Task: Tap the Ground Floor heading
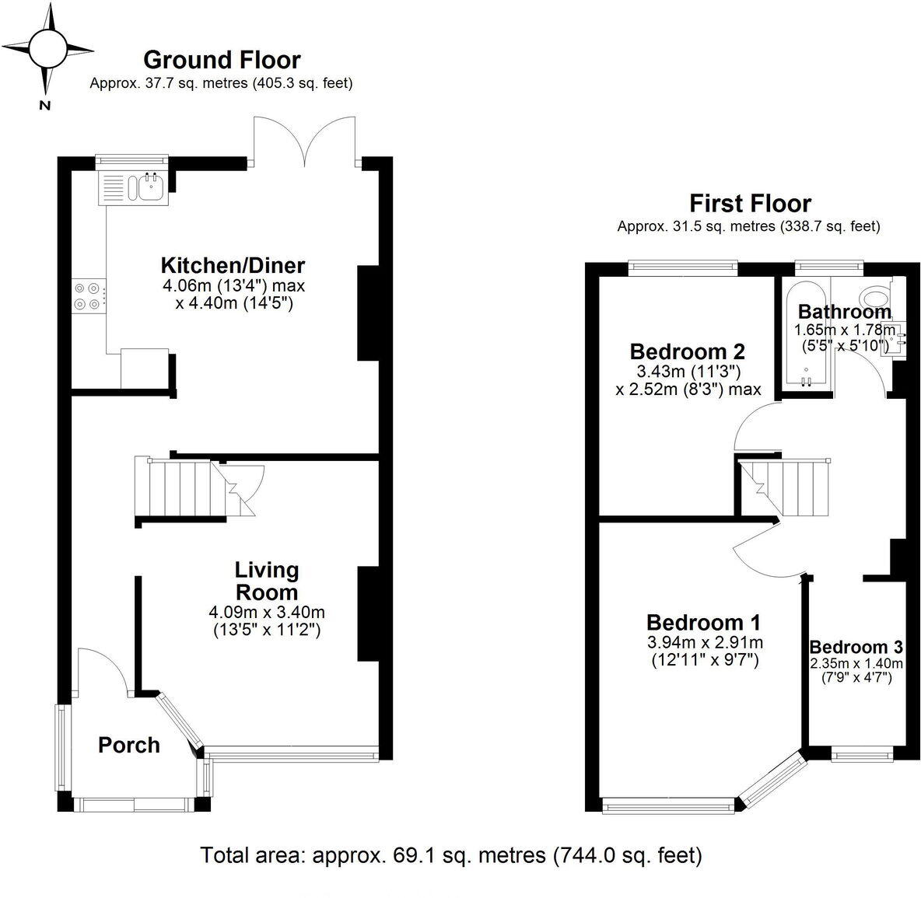click(222, 60)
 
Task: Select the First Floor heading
click(750, 204)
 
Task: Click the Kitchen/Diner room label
click(233, 265)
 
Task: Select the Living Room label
click(267, 581)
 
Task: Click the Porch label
click(129, 745)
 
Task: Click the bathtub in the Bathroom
click(806, 337)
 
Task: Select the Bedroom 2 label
click(688, 350)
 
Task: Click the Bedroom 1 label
click(703, 623)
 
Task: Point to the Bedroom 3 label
click(856, 647)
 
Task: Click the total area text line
click(451, 855)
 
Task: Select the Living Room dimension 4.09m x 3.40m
click(267, 612)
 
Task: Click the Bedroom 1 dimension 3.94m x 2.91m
click(704, 643)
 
